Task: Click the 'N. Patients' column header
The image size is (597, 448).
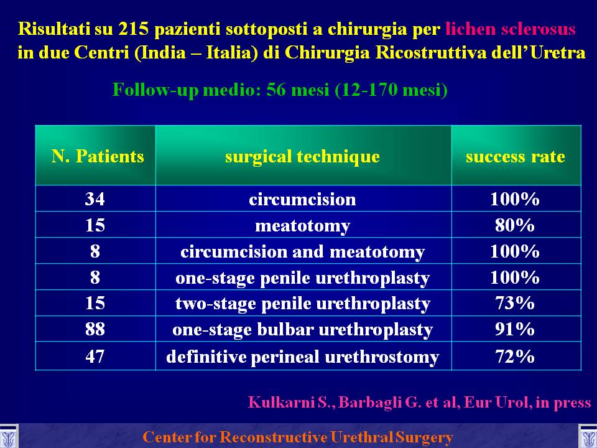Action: tap(98, 156)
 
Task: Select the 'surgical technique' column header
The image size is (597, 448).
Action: tap(302, 157)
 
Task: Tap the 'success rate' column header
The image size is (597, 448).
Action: tap(515, 157)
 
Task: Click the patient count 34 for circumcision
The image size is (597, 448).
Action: tap(95, 199)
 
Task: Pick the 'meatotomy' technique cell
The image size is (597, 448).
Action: tap(303, 226)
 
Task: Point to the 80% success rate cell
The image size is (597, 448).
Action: tap(515, 225)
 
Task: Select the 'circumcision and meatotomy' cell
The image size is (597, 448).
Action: tap(303, 252)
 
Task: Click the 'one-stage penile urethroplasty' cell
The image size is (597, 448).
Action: tap(303, 279)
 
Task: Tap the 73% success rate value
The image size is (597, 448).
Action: tap(515, 303)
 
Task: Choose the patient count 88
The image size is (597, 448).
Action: tap(95, 329)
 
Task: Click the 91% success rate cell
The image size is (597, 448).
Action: tap(515, 329)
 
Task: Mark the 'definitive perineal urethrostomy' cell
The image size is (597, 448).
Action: tap(303, 357)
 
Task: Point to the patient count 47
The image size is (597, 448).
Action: tap(95, 357)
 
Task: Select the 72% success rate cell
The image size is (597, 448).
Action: tap(515, 357)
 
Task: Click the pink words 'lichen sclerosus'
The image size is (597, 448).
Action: tap(510, 29)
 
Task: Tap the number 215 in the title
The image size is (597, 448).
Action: tap(133, 29)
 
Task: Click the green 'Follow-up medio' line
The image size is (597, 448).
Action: tap(280, 90)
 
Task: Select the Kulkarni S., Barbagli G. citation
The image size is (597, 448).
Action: tap(419, 403)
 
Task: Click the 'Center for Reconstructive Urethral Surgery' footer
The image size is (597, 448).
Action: tap(298, 437)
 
